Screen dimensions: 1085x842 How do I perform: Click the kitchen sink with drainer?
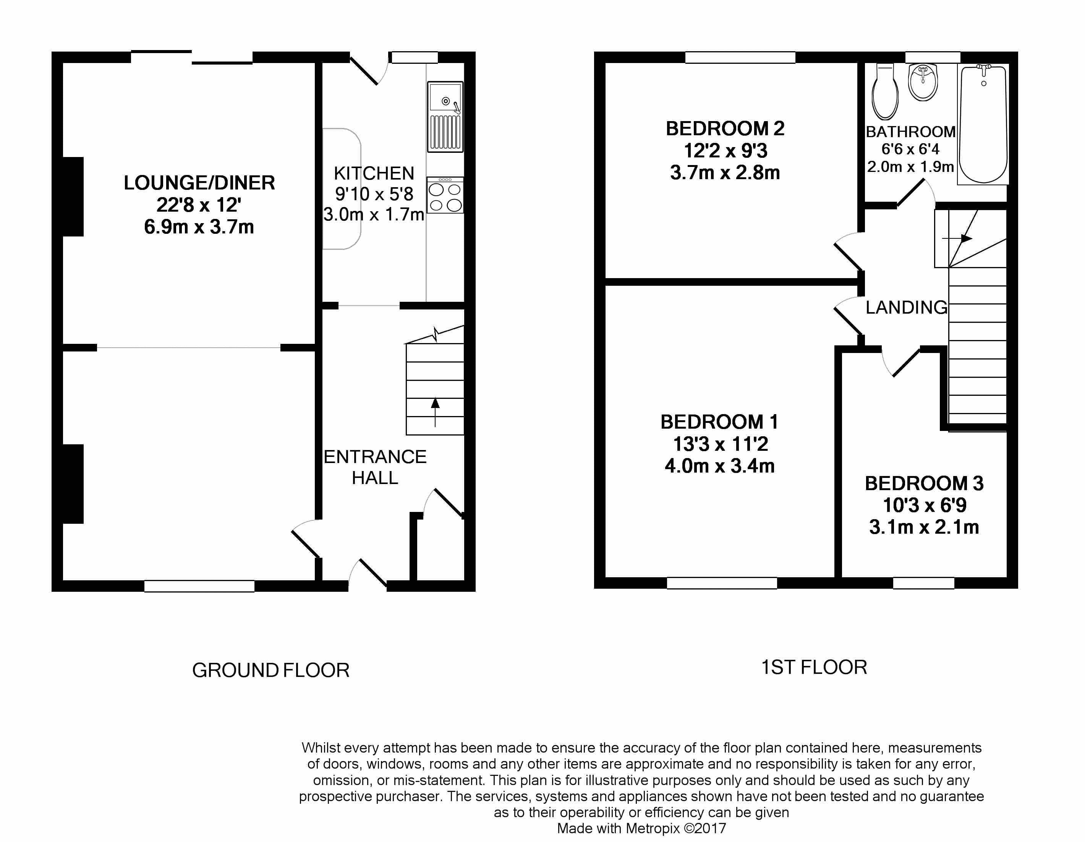(x=445, y=117)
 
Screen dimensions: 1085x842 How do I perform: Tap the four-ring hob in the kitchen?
(x=445, y=196)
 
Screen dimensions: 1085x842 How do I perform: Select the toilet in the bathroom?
(x=885, y=92)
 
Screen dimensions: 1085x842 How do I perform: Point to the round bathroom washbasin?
(x=923, y=83)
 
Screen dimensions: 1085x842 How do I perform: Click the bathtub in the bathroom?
(x=983, y=124)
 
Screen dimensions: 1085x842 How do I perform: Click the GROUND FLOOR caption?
(x=271, y=670)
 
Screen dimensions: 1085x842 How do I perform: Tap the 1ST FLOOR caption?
(x=814, y=667)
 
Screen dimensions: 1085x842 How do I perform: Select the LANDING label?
(x=906, y=308)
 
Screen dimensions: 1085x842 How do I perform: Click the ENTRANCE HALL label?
(x=375, y=467)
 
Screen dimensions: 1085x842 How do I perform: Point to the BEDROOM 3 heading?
(x=924, y=483)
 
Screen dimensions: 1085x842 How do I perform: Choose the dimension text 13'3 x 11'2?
(x=721, y=444)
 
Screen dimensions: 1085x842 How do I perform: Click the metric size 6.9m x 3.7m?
(x=199, y=227)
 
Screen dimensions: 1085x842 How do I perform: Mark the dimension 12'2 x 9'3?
(x=725, y=151)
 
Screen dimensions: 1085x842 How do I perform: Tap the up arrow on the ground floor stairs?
(x=435, y=412)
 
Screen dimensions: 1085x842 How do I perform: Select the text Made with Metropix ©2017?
(x=641, y=828)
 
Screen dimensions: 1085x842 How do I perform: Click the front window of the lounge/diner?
(x=199, y=586)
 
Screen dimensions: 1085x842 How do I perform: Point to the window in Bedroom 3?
(x=923, y=583)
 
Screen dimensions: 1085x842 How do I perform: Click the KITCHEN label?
(x=374, y=173)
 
